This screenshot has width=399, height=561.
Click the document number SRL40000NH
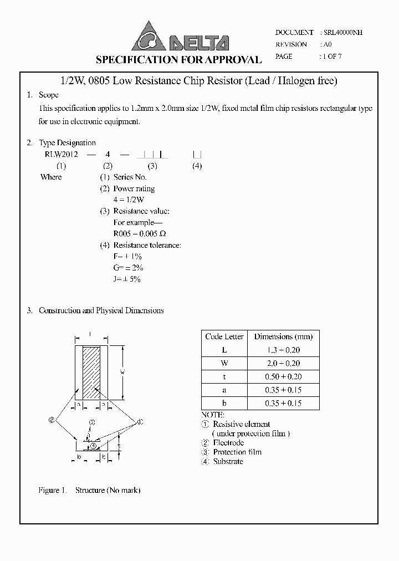pos(341,33)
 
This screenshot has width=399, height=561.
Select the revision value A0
pos(327,44)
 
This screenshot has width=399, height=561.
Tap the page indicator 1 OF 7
pos(332,57)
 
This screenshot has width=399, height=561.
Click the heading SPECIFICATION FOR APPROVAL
pos(178,60)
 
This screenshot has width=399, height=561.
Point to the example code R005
pos(123,234)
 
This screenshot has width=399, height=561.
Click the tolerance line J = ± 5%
pos(126,279)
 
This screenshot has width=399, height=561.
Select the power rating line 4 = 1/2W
pos(128,200)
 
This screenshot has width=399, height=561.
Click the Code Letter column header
pos(224,336)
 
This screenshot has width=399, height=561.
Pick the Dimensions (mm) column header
pos(283,336)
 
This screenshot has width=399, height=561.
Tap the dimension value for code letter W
pos(283,363)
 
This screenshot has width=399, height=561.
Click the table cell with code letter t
pos(224,376)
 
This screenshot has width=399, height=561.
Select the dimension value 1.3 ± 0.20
pos(283,350)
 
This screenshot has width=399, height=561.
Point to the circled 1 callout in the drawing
pos(140,422)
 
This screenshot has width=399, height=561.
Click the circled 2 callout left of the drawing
pos(52,421)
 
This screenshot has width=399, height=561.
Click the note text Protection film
pos(237,452)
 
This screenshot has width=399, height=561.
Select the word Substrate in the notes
pos(228,461)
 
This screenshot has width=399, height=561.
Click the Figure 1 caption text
pos(89,491)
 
